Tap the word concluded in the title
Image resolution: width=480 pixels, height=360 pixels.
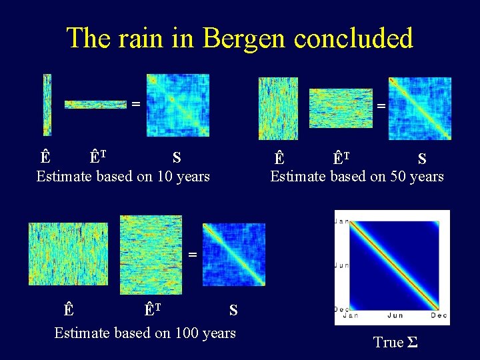pyautogui.click(x=353, y=38)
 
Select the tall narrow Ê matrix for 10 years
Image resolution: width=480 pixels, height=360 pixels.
pyautogui.click(x=47, y=105)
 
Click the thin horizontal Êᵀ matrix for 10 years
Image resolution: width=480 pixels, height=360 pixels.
pyautogui.click(x=95, y=104)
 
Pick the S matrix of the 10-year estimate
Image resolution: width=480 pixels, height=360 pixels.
pyautogui.click(x=178, y=105)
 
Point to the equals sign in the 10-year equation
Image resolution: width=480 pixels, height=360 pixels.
pyautogui.click(x=135, y=104)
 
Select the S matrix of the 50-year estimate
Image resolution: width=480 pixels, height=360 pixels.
pyautogui.click(x=420, y=108)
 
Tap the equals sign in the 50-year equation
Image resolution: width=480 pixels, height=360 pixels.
pyautogui.click(x=381, y=105)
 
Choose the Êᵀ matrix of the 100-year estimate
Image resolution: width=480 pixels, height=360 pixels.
pyautogui.click(x=151, y=254)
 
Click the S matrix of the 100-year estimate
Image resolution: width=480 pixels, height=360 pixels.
pyautogui.click(x=234, y=254)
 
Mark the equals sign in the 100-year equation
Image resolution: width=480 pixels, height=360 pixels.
pyautogui.click(x=192, y=254)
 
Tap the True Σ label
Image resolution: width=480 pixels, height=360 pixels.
pyautogui.click(x=395, y=343)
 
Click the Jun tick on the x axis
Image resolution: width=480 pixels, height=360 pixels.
pyautogui.click(x=395, y=316)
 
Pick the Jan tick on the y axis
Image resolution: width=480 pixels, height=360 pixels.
pyautogui.click(x=341, y=221)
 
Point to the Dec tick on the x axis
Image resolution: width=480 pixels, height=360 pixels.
pyautogui.click(x=439, y=316)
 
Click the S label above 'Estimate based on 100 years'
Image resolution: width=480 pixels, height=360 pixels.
pyautogui.click(x=233, y=310)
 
